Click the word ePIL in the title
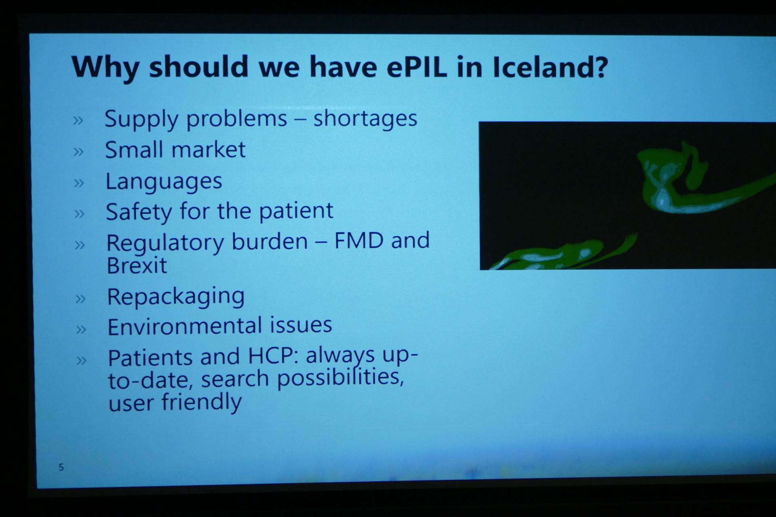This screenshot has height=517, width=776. [417, 67]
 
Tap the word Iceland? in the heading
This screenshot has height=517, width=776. [550, 67]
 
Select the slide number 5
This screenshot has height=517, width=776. [61, 467]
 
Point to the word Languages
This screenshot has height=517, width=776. [164, 181]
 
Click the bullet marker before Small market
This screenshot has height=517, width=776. [78, 152]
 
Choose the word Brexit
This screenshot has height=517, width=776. [137, 266]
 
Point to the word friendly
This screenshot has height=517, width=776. [202, 402]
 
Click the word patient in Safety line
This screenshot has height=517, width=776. [296, 211]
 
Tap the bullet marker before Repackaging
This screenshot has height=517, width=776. [80, 299]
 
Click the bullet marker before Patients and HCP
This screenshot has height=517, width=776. [81, 360]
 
